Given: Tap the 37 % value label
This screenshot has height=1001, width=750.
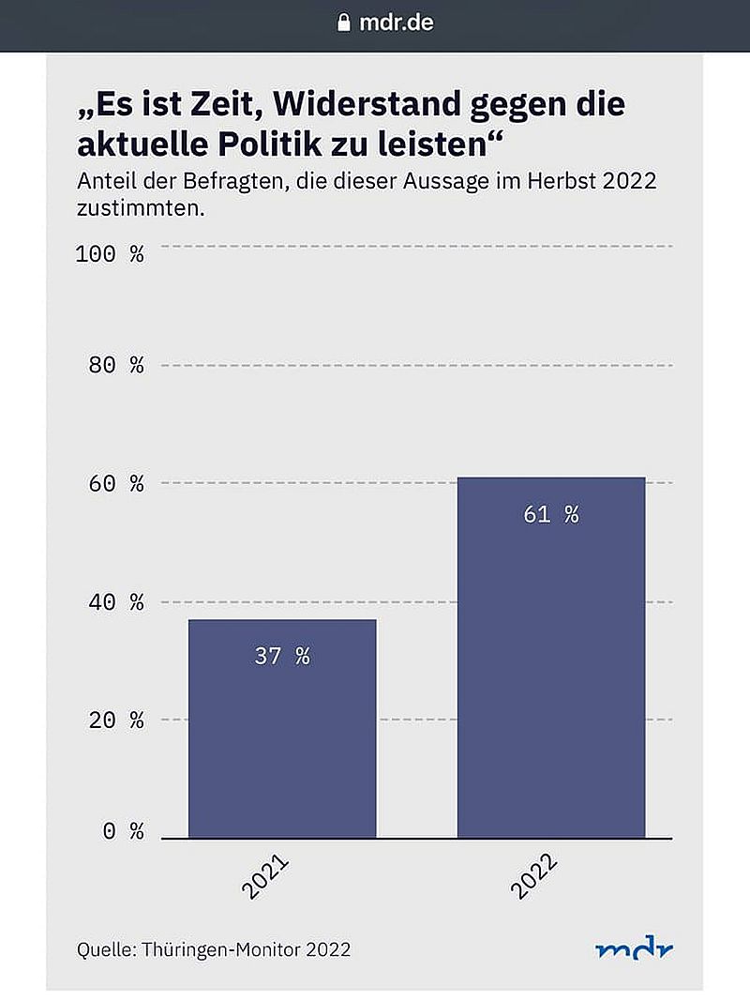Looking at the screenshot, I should click(x=282, y=656).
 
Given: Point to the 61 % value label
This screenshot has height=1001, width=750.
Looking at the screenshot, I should click(x=551, y=514).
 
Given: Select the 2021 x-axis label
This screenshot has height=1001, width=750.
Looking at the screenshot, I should click(x=265, y=876).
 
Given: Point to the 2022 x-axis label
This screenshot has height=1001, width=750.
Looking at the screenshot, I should click(x=534, y=876).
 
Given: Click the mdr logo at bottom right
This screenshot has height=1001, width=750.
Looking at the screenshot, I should click(x=634, y=949).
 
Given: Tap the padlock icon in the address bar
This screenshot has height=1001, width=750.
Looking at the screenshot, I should click(x=344, y=23).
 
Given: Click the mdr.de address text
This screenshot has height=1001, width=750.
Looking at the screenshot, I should click(x=397, y=23).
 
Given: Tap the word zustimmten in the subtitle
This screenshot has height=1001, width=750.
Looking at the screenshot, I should click(x=141, y=207).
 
